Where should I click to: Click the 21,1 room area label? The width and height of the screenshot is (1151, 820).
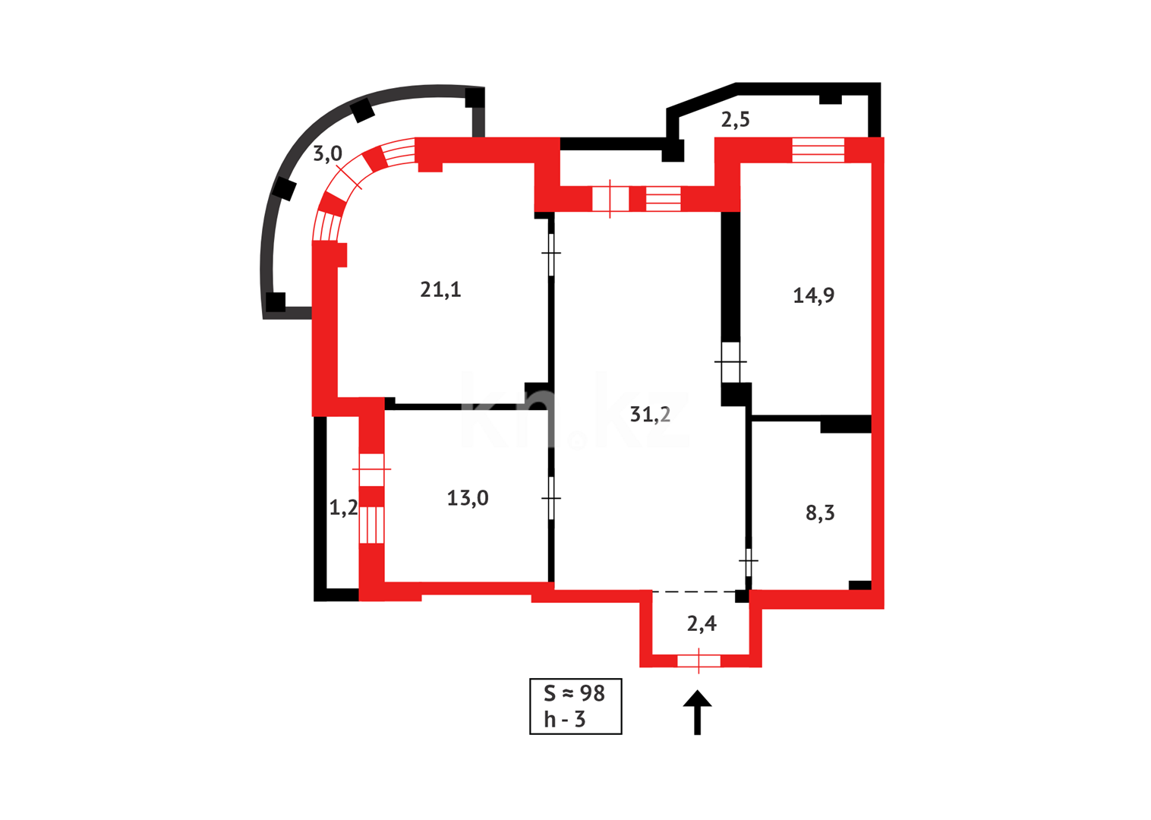coord(440,289)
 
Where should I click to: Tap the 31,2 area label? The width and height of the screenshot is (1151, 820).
coord(650,414)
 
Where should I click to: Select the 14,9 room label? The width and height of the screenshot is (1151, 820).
coord(813,295)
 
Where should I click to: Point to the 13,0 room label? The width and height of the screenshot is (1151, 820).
coord(467,498)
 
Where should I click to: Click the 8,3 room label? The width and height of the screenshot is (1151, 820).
coord(819,512)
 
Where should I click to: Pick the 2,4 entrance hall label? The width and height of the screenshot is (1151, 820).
coord(702,623)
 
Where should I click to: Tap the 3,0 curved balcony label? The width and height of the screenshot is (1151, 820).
coord(328,153)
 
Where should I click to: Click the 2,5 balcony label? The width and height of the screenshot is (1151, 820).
coord(735,119)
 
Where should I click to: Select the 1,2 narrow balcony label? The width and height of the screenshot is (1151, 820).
coord(343,507)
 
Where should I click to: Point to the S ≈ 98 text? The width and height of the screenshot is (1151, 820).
coord(574,693)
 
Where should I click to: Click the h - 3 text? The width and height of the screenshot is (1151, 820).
coord(564,719)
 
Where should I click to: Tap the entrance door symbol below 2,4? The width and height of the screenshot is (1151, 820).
coord(698,661)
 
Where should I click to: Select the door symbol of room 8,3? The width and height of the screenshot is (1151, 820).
coord(749,563)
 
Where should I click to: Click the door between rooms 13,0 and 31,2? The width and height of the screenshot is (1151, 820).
coord(551,498)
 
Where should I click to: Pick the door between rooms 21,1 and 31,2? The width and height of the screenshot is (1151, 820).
coord(551,253)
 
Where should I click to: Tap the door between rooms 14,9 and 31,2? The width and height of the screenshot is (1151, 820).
coord(730,362)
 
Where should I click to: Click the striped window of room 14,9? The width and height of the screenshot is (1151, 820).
coord(818,150)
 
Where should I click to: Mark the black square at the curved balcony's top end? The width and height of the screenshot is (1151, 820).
coord(475,97)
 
